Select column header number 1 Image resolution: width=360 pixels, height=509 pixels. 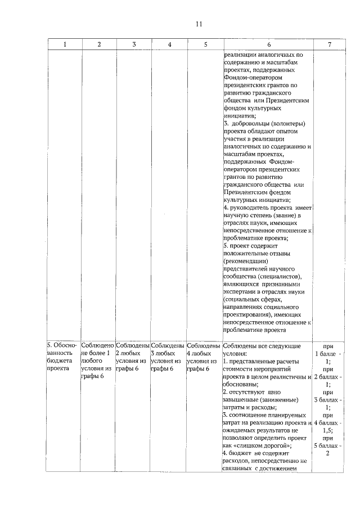click(64, 45)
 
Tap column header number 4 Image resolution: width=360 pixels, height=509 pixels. click(169, 45)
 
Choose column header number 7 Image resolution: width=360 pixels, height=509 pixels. click(328, 45)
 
